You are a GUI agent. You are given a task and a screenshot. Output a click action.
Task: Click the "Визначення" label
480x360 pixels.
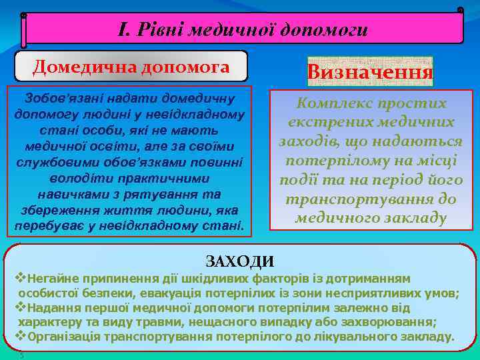click(370, 72)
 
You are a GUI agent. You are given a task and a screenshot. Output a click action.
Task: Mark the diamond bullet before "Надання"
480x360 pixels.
click(19, 307)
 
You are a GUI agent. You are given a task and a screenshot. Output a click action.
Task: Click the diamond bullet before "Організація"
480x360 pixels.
click(19, 336)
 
